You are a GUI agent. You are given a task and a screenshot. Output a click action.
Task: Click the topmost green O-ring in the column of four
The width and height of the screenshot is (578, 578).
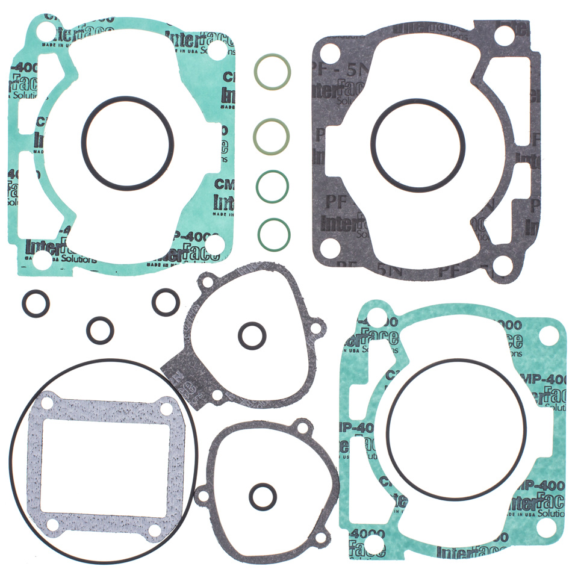272,72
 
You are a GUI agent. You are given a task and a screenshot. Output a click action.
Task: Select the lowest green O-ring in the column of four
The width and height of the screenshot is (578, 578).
274,234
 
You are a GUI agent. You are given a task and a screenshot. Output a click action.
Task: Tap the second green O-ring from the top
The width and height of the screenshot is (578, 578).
272,135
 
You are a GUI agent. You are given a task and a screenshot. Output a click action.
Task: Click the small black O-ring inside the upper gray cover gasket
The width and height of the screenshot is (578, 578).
252,335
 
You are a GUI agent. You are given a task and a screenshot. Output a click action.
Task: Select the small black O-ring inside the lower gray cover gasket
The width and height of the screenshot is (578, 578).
262,496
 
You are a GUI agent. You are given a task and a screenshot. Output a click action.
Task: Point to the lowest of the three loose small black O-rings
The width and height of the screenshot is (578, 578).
100,329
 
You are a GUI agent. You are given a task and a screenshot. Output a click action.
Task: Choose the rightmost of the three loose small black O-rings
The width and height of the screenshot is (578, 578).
165,301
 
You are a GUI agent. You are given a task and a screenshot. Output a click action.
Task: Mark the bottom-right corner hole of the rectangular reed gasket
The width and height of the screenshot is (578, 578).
155,530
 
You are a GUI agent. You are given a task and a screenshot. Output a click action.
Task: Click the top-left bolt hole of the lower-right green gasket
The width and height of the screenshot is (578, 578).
374,317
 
